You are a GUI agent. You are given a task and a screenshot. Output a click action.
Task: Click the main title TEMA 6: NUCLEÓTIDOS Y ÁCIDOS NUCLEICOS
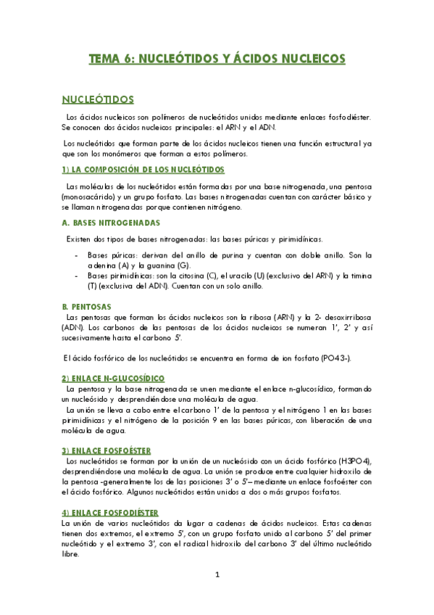217,59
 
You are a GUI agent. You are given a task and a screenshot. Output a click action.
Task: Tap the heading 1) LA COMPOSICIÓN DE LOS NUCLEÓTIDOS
143,170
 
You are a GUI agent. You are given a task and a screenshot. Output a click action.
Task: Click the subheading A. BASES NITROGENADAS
111,223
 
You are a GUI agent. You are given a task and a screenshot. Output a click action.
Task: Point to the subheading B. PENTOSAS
85,307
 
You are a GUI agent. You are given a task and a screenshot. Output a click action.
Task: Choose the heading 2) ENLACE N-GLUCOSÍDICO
113,379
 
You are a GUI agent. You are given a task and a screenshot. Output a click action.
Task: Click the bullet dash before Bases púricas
77,255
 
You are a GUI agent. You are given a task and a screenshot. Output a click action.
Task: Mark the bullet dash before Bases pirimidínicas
77,276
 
